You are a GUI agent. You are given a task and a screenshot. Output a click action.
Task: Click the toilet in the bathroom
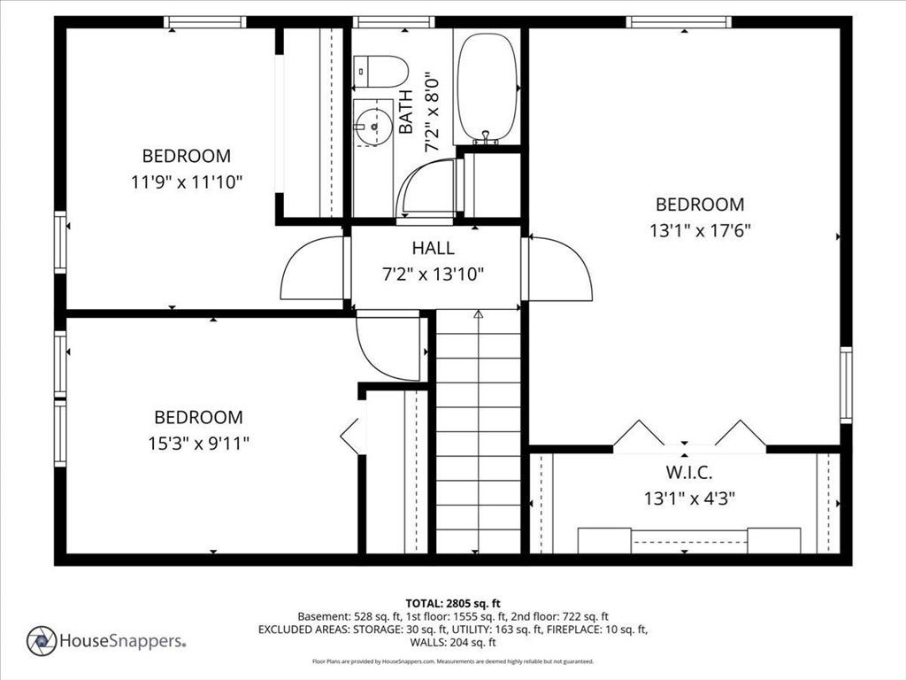[380, 71]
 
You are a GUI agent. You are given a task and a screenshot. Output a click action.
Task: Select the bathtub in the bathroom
[488, 88]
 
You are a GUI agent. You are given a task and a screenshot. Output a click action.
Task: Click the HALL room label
[433, 248]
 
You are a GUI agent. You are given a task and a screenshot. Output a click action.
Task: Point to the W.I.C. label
[688, 473]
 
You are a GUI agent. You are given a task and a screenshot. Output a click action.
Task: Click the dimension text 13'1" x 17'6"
[700, 231]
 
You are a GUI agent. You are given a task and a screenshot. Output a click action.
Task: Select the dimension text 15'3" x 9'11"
[198, 444]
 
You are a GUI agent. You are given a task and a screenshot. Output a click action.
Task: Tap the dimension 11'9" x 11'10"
[186, 182]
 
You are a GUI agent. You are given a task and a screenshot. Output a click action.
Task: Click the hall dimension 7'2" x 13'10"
[433, 274]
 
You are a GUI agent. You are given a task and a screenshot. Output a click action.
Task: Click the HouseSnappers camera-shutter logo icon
[42, 641]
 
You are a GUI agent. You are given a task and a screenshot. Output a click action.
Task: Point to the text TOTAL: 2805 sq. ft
[453, 604]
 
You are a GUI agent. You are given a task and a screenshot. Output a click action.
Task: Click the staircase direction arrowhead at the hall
[478, 314]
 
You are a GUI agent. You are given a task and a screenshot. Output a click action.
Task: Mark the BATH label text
[406, 112]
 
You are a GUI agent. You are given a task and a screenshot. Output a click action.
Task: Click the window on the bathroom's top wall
[393, 22]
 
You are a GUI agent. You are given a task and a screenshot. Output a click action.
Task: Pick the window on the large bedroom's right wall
[846, 385]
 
